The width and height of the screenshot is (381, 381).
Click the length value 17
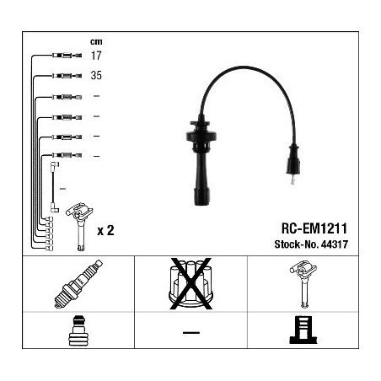pos(96,56)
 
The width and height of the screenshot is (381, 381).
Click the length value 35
pos(96,75)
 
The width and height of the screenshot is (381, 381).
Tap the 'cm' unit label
pos(96,41)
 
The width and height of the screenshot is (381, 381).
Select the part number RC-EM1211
pos(314,228)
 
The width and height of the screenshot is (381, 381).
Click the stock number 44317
pos(335,244)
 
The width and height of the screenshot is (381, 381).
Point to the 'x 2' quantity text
pos(105,230)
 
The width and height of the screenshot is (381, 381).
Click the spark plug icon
pos(78,284)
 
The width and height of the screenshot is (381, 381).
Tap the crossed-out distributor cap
pos(190,284)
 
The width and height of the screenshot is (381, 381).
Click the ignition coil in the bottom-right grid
pos(303,284)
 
